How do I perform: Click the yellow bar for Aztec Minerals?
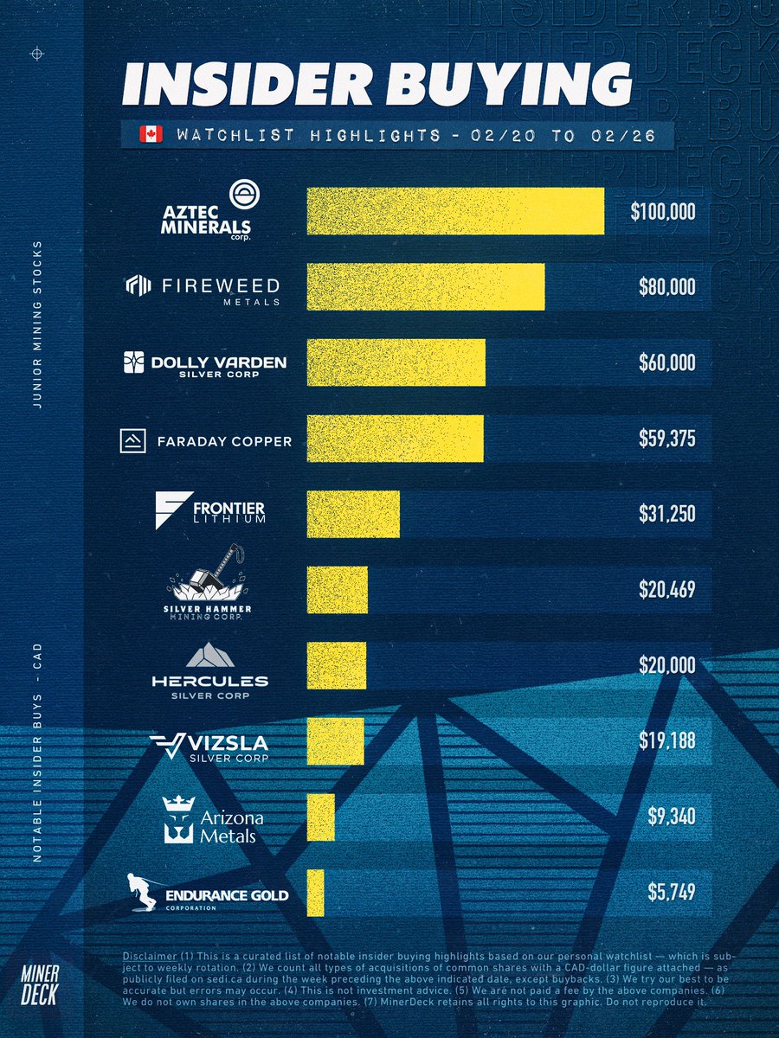pos(455,212)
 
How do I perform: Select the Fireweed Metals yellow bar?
pos(426,287)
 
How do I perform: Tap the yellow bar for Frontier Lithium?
pos(353,514)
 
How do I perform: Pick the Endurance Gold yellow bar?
pos(315,894)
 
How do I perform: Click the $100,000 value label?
pos(662,212)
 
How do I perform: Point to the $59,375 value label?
pos(662,439)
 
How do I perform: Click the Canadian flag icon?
pos(151,135)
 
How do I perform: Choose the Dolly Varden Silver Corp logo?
pos(204,363)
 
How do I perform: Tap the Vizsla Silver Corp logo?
pos(209,747)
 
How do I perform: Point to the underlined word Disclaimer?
pos(148,955)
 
